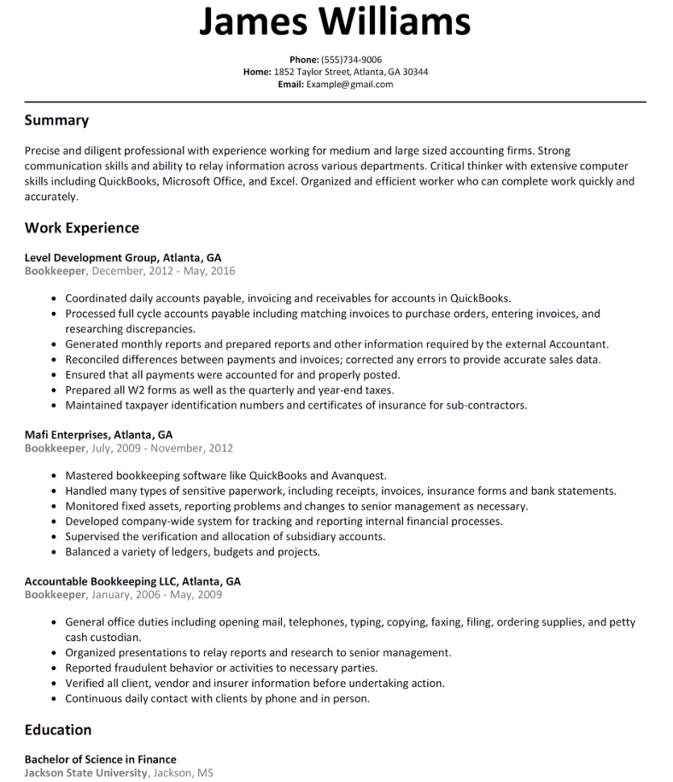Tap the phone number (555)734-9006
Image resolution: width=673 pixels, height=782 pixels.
tap(351, 60)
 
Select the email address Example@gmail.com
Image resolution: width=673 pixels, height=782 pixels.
tap(349, 84)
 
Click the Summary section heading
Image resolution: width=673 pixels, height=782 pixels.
tap(56, 120)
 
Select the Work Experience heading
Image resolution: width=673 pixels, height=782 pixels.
tap(81, 227)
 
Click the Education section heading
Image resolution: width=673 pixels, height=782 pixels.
tap(58, 730)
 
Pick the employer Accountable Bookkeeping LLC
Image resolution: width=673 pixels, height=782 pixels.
tap(102, 580)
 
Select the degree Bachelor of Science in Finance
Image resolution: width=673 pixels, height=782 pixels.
tap(100, 759)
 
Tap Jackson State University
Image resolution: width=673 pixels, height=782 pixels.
tap(85, 772)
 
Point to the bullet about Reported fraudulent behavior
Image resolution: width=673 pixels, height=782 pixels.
tap(222, 668)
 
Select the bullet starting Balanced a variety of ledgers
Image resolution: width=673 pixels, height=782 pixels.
tap(193, 552)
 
